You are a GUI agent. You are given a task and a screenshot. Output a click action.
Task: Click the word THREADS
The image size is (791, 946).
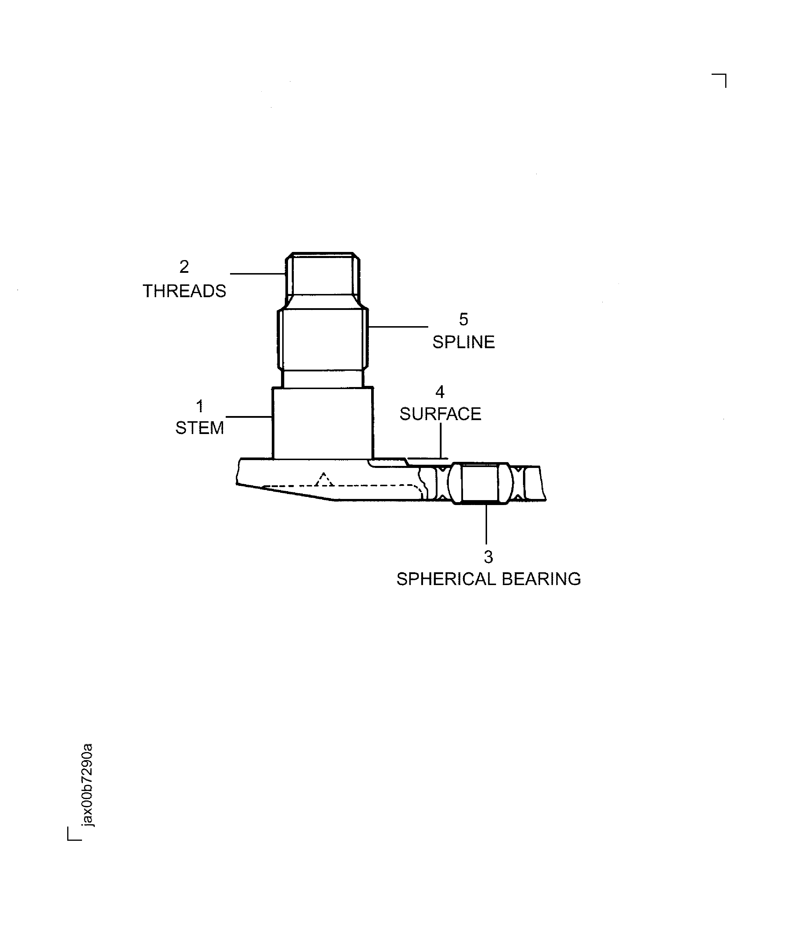point(184,291)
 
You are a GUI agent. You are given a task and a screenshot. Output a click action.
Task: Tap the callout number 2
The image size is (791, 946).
point(184,267)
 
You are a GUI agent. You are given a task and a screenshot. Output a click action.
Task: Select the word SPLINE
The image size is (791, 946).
point(463,342)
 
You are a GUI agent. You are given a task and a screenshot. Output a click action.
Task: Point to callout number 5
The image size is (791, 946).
point(464,319)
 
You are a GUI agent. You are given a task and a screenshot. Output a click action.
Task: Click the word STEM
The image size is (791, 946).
point(199,428)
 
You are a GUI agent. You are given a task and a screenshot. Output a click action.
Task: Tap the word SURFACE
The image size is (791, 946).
point(440,414)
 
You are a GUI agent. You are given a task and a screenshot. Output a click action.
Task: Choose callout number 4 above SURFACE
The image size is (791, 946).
point(440,392)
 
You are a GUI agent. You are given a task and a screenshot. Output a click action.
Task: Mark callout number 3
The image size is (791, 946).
point(489,557)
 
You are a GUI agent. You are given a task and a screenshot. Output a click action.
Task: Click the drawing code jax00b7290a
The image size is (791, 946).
point(88,785)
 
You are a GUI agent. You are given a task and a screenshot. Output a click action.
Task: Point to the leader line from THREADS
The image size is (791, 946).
point(258,273)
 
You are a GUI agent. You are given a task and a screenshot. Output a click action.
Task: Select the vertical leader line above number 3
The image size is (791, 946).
point(486,524)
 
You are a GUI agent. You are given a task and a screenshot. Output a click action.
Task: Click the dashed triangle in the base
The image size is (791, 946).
point(323,480)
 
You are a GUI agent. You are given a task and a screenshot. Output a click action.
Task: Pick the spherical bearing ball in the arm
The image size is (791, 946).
point(480,483)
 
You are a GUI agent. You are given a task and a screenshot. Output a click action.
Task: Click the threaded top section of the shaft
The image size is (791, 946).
point(322,274)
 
